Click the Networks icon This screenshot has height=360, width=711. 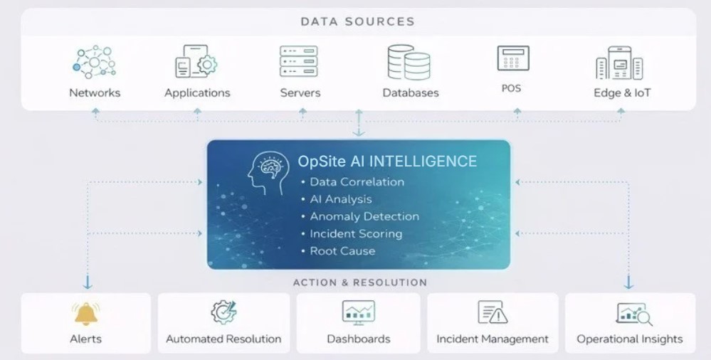click(94, 62)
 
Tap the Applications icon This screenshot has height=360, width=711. click(196, 63)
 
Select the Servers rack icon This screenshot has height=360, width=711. click(300, 61)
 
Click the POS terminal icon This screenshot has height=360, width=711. click(512, 58)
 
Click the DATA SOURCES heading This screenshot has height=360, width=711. click(357, 21)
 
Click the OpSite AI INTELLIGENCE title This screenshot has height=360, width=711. click(387, 162)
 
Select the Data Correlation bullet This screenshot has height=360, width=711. click(357, 182)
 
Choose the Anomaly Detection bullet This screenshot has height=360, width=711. click(364, 216)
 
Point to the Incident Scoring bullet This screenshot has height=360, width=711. click(355, 233)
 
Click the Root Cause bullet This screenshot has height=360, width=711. click(342, 251)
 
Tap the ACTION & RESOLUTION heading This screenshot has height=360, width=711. click(360, 282)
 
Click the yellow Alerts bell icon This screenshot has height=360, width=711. click(86, 312)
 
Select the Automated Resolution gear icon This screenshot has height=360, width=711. click(223, 312)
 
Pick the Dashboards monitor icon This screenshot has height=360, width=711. click(358, 312)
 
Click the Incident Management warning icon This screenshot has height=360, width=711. click(493, 312)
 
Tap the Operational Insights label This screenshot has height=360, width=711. click(629, 339)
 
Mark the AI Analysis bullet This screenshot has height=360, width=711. click(340, 199)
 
